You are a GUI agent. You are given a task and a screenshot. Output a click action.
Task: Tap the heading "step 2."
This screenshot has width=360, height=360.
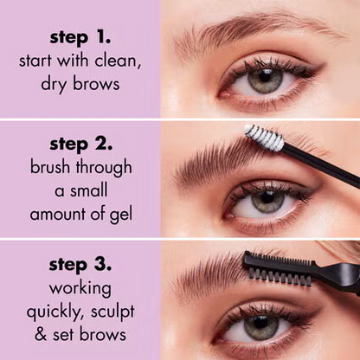click(x=80, y=145)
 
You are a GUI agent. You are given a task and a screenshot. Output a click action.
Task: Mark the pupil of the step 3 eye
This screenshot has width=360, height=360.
click(x=260, y=327)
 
